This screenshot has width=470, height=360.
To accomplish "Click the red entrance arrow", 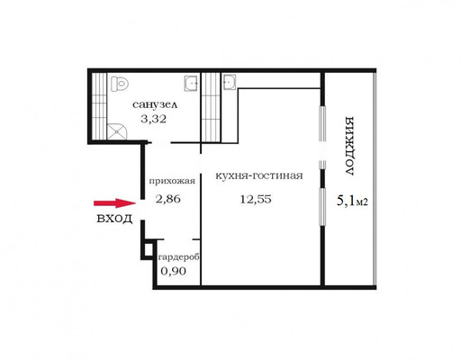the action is tap(115, 203).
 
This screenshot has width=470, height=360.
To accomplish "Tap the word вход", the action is tap(114, 219).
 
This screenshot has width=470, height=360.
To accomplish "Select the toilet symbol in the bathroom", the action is tap(120, 84).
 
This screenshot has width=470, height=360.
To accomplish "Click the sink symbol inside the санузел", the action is tap(191, 83).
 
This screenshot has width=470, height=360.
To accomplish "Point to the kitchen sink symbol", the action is tap(230, 82).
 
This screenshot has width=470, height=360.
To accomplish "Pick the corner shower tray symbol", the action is tap(117, 131).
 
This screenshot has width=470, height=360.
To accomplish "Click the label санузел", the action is tap(155, 104).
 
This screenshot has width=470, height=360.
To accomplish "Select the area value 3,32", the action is tap(153, 120).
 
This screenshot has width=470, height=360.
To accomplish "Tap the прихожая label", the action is tap(172, 181).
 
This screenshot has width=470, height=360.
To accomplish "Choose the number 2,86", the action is tap(168, 199).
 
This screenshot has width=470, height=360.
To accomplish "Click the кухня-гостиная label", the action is tap(259, 175).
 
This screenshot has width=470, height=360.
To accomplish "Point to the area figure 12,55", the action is tap(256, 199).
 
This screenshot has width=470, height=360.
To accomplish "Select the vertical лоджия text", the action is tap(349, 146).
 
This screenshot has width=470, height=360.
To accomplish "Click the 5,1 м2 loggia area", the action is tap(352, 201).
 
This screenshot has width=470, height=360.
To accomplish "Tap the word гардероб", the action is tap(179, 257).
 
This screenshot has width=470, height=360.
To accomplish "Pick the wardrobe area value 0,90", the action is tap(174, 271).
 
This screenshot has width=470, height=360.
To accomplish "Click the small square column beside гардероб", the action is tap(149, 249).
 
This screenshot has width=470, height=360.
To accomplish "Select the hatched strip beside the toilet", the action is tap(99, 106).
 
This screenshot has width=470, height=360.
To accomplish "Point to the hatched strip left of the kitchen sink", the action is tap(211, 107).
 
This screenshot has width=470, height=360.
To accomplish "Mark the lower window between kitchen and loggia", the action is tap(322, 207).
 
